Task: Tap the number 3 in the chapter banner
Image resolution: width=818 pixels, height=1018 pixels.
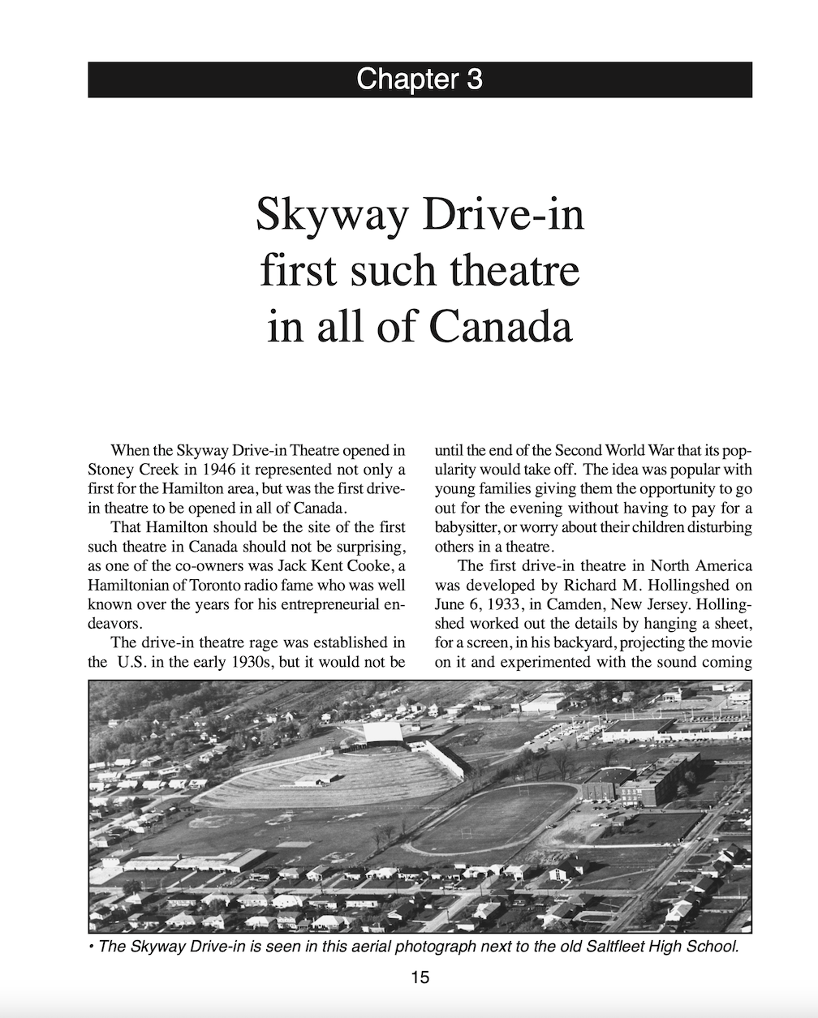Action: click(474, 79)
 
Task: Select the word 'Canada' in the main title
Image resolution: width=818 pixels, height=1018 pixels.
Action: click(501, 325)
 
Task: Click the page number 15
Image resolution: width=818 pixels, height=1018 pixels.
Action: click(420, 977)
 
